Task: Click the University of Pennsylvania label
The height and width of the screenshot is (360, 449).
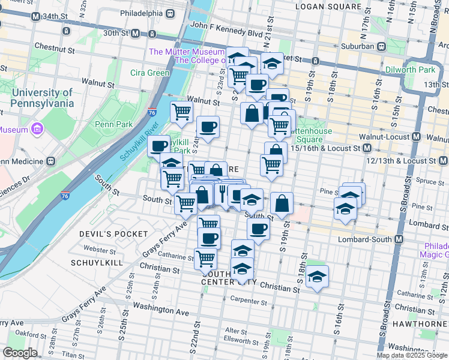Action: pyautogui.click(x=41, y=98)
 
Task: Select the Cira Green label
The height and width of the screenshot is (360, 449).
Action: pyautogui.click(x=149, y=73)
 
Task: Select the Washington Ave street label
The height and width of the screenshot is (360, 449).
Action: pyautogui.click(x=160, y=313)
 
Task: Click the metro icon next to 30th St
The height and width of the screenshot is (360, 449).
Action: pyautogui.click(x=135, y=34)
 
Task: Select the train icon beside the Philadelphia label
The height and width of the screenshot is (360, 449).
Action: pyautogui.click(x=170, y=13)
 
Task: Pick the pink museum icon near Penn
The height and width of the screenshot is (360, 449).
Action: pyautogui.click(x=37, y=129)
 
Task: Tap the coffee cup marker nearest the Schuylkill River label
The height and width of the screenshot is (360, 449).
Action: pyautogui.click(x=159, y=145)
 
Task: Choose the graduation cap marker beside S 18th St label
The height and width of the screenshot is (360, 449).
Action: pyautogui.click(x=317, y=275)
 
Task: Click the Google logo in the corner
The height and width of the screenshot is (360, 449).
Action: pyautogui.click(x=20, y=353)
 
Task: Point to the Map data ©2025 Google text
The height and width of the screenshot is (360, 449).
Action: pyautogui.click(x=412, y=355)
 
